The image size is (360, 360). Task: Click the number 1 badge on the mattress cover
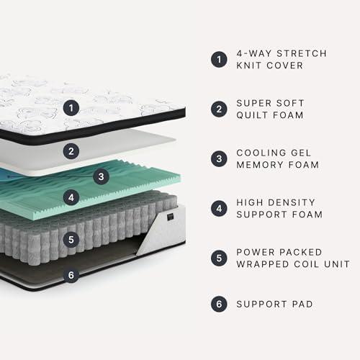[x=70, y=109]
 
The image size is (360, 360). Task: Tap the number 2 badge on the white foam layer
[x=71, y=150]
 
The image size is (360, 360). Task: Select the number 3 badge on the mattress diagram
[x=102, y=176]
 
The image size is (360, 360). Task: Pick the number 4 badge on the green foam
[x=71, y=196]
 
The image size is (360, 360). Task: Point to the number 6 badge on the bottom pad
[x=71, y=274]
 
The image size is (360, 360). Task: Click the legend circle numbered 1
[x=219, y=60]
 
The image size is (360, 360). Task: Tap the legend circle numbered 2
[x=219, y=109]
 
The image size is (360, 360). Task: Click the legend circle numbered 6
[x=219, y=304]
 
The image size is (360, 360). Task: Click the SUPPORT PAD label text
[x=275, y=304]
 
